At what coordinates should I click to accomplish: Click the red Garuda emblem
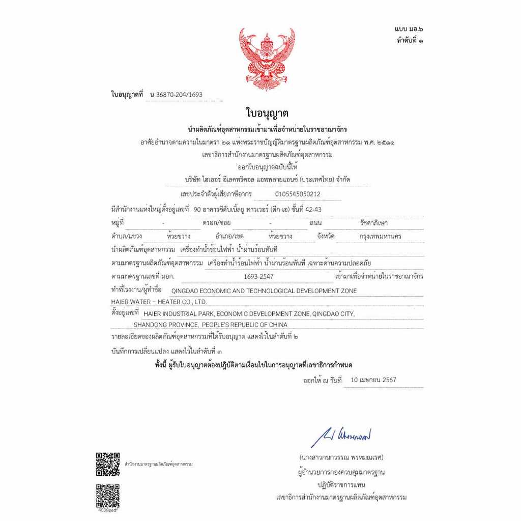(267, 59)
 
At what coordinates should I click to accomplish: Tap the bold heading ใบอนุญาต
(267, 113)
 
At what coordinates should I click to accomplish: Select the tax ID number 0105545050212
(298, 194)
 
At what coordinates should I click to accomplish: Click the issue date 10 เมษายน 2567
(373, 380)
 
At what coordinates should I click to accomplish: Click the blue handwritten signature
(341, 436)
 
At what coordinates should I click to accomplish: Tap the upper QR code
(108, 464)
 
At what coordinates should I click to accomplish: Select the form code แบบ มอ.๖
(409, 31)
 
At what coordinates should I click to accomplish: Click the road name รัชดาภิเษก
(373, 223)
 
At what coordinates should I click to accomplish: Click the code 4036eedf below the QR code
(108, 510)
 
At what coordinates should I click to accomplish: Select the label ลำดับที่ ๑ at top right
(410, 40)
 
